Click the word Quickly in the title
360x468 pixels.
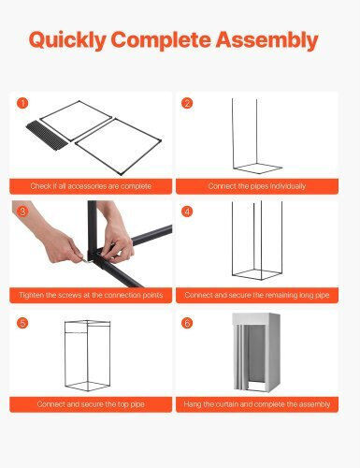(x=67, y=40)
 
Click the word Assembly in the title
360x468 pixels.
(x=267, y=40)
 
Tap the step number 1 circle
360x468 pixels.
(x=22, y=103)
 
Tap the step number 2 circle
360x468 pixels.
(x=187, y=103)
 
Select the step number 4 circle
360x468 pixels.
(x=187, y=212)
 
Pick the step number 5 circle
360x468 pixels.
(x=22, y=323)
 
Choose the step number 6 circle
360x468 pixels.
(x=187, y=323)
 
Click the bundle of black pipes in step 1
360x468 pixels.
(x=47, y=136)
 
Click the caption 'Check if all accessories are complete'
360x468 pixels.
(x=91, y=186)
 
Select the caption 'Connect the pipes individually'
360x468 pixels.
(x=257, y=186)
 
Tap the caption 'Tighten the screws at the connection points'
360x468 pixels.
(x=91, y=295)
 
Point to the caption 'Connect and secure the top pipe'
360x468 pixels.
(x=91, y=404)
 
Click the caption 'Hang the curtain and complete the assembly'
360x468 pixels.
(x=257, y=404)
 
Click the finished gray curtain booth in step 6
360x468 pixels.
(x=256, y=352)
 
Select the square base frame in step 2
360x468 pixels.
(x=258, y=168)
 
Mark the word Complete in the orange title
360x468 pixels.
(x=161, y=40)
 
